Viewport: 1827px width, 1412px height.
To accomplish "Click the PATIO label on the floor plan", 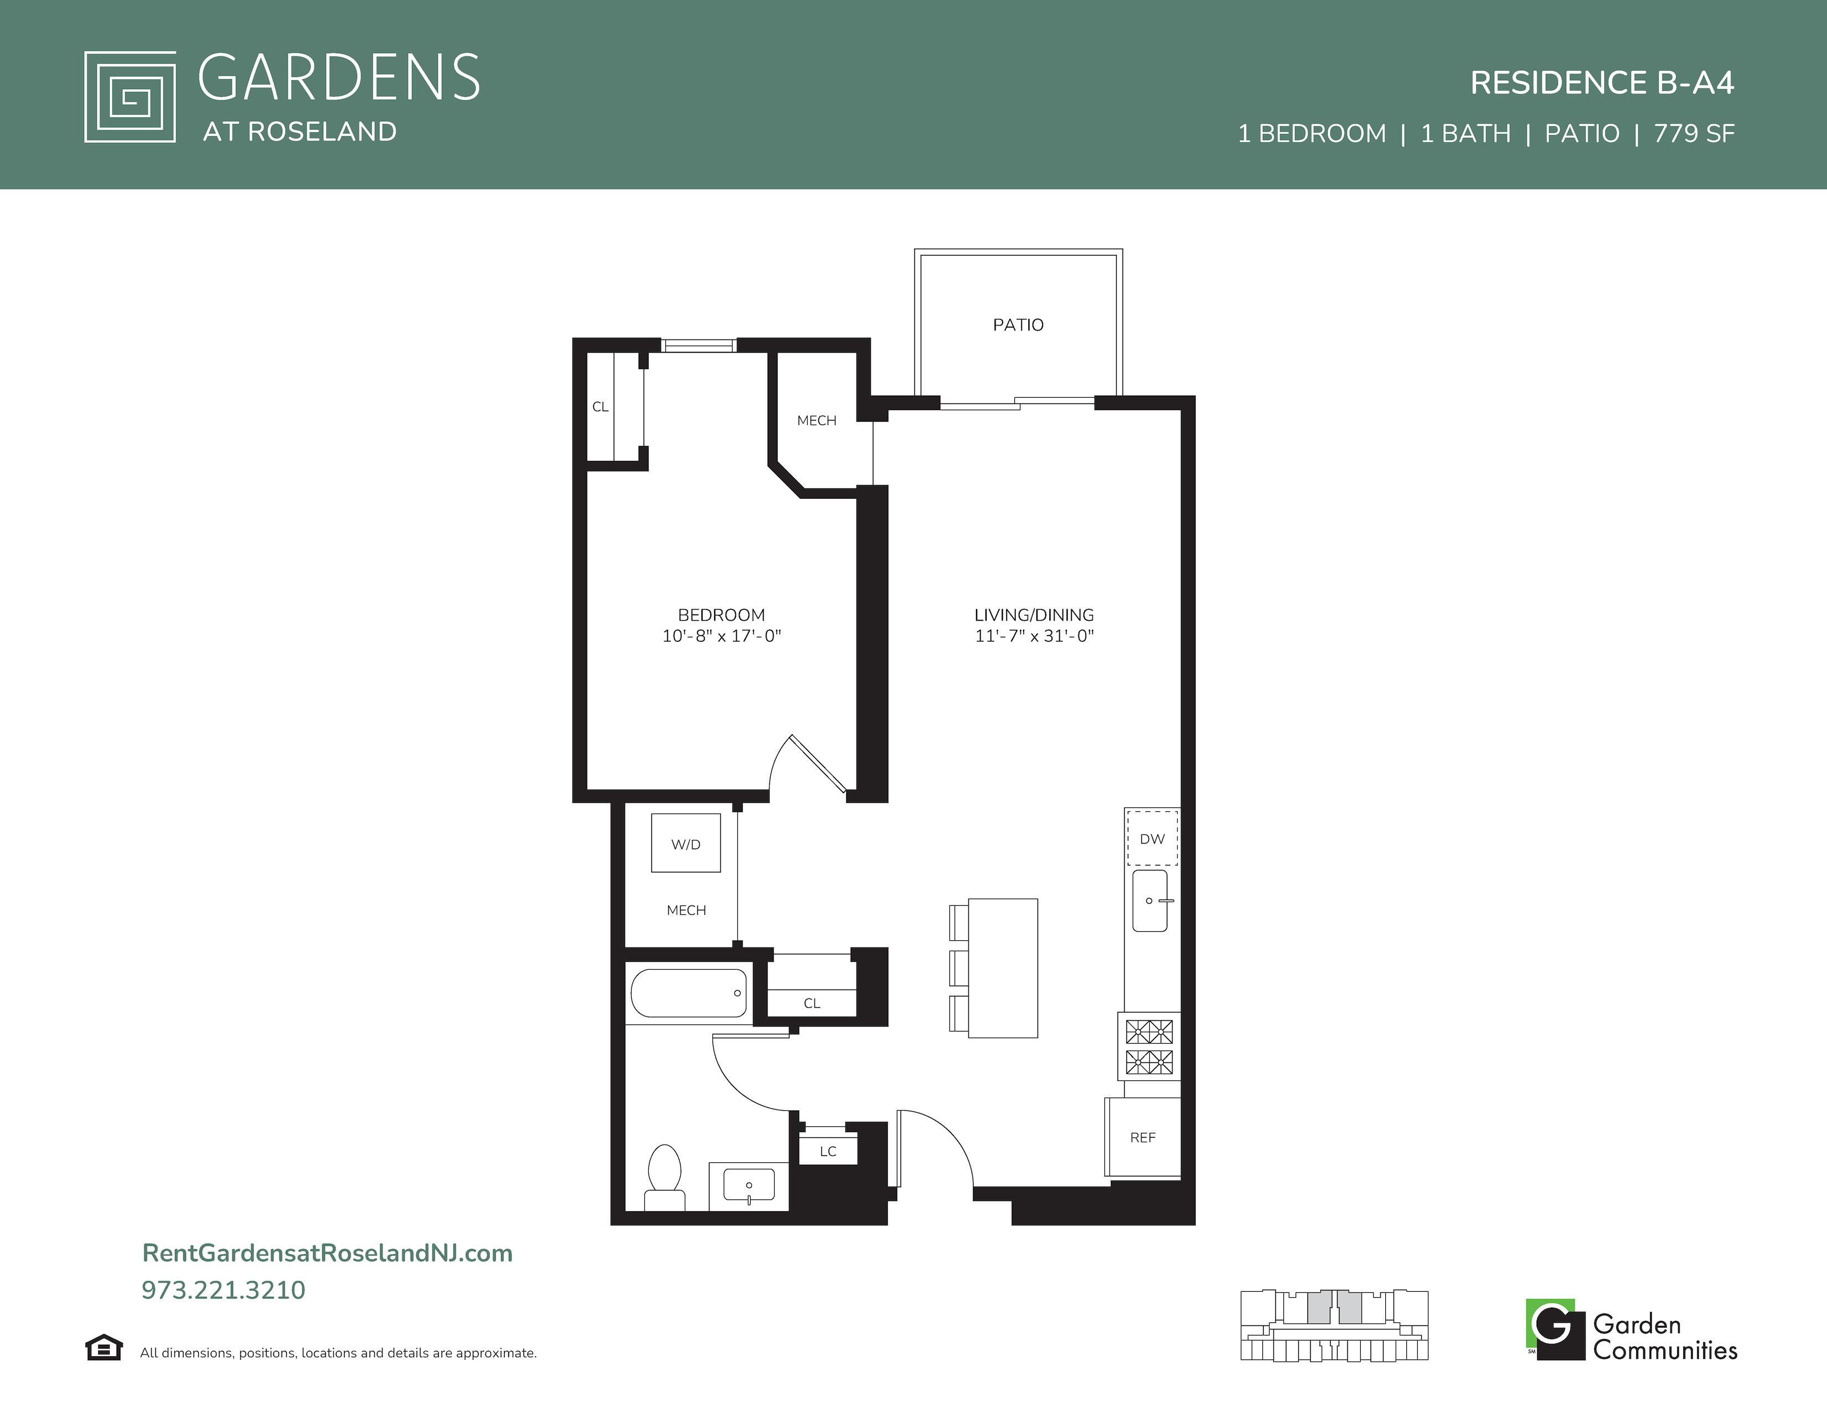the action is pos(1018,324).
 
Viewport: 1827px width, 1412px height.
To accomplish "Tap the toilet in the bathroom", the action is pos(665,1178).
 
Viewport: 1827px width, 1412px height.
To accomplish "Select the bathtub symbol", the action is pos(689,993).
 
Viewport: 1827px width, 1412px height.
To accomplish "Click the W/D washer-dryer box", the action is pos(686,843).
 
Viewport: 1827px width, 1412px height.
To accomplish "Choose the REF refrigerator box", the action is pos(1143,1138).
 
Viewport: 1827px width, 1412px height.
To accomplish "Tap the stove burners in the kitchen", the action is pos(1149,1047).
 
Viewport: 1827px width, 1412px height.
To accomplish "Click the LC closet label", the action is pos(828,1151).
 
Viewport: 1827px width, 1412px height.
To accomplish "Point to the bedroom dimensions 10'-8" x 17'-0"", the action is pos(721,636).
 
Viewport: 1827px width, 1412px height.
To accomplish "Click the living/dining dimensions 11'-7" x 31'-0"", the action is pos(1034,636).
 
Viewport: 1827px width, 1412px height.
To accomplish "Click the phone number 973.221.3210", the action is pos(223,1290).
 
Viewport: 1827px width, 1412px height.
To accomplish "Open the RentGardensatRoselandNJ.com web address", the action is pos(327,1253).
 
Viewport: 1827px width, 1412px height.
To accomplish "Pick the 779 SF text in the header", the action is pos(1694,134).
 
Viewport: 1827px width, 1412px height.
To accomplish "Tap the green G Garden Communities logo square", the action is pos(1555,1329).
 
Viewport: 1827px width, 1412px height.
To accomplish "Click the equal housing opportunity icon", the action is pos(104,1348).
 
